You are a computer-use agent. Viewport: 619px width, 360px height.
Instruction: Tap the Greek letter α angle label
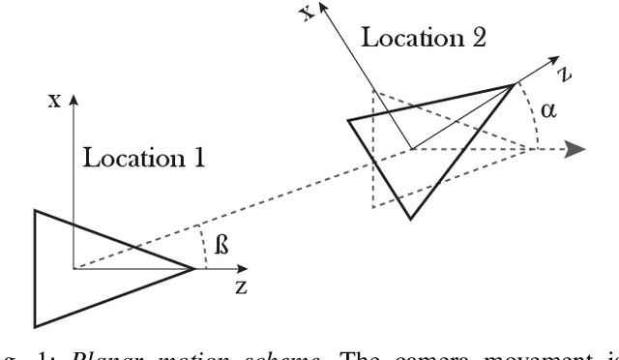tap(548, 111)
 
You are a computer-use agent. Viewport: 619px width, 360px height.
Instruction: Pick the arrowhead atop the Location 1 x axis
tap(74, 99)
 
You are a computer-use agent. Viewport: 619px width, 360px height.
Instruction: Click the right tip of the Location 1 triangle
tap(196, 268)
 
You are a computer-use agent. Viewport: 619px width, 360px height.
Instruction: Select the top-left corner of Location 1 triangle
tap(36, 210)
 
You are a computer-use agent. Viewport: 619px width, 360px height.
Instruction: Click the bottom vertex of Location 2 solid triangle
tap(412, 219)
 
